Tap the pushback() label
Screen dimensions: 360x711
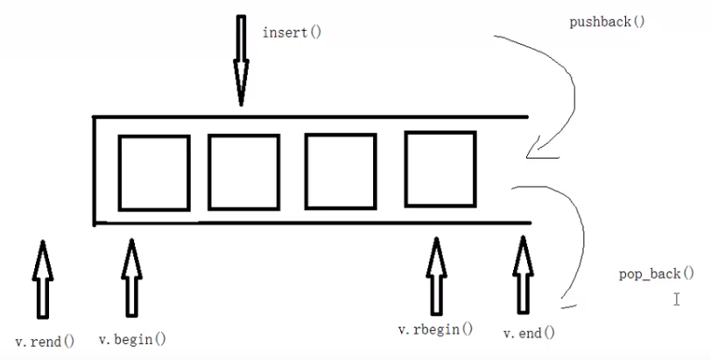pos(607,20)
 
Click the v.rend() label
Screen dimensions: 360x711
pos(46,341)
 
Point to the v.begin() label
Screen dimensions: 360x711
pos(132,339)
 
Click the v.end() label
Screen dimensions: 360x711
pos(529,333)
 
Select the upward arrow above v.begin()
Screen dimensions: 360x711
pos(131,277)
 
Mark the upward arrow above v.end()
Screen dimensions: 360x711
pos(524,276)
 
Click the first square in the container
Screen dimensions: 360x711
pos(153,173)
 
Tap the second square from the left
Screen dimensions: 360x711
pos(243,172)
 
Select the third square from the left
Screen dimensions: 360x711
pos(340,172)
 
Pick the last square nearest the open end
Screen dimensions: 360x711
pos(440,169)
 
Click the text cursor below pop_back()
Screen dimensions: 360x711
pos(677,300)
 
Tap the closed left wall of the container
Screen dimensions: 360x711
pos(94,170)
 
